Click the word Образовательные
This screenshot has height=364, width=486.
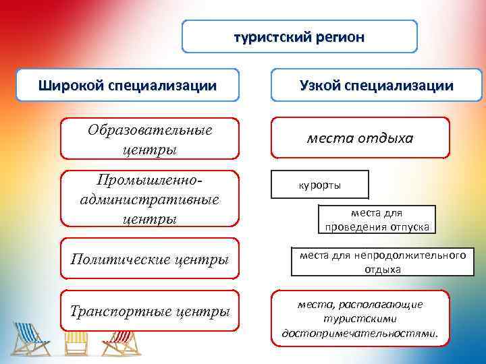pos(149,130)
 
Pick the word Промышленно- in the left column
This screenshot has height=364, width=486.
pos(149,183)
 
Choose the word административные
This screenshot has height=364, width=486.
pos(149,200)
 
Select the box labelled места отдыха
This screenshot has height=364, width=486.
pos(360,138)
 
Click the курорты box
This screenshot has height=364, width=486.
pos(319,185)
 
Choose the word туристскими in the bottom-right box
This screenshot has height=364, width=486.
pos(359,319)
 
